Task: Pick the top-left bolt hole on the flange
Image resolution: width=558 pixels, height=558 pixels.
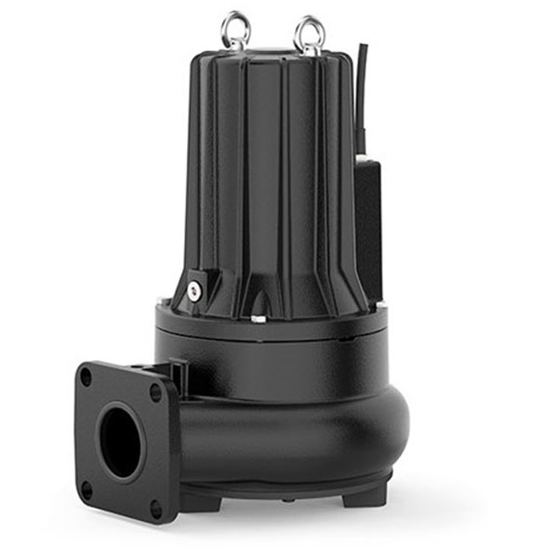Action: tap(86, 378)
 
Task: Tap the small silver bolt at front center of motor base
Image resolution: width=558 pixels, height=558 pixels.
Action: tap(258, 320)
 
